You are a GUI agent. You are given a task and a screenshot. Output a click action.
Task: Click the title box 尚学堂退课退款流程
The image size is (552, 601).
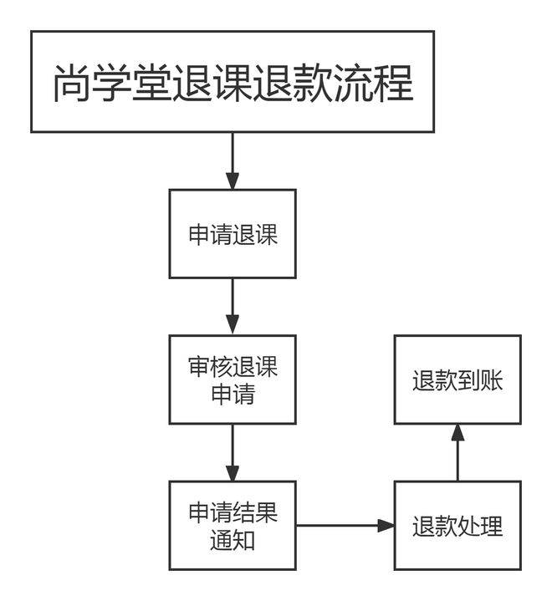[x=233, y=82]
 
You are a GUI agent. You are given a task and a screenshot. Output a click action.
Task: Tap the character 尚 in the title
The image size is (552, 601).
[x=73, y=84]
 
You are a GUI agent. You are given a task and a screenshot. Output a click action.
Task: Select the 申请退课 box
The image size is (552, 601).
[x=233, y=234]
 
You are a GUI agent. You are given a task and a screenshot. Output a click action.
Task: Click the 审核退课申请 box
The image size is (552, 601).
[x=233, y=379]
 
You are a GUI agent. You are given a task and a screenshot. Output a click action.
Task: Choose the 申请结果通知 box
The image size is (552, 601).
[x=233, y=526]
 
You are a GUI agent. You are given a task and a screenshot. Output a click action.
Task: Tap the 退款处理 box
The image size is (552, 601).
[x=457, y=526]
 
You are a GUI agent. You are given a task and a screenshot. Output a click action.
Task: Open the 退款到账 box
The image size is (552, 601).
[x=457, y=379]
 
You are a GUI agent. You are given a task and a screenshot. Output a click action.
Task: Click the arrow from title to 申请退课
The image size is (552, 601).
[x=233, y=160]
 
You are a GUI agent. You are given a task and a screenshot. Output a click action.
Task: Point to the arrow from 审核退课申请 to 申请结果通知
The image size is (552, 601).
[x=233, y=452]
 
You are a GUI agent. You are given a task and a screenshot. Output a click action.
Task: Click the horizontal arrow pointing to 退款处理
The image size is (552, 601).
[x=345, y=526]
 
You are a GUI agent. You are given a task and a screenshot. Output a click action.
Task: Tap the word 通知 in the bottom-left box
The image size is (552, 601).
[x=233, y=540]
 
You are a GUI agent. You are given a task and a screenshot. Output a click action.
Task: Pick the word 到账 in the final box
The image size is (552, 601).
[x=480, y=380]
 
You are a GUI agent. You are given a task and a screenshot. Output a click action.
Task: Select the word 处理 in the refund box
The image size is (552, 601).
[x=480, y=527]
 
